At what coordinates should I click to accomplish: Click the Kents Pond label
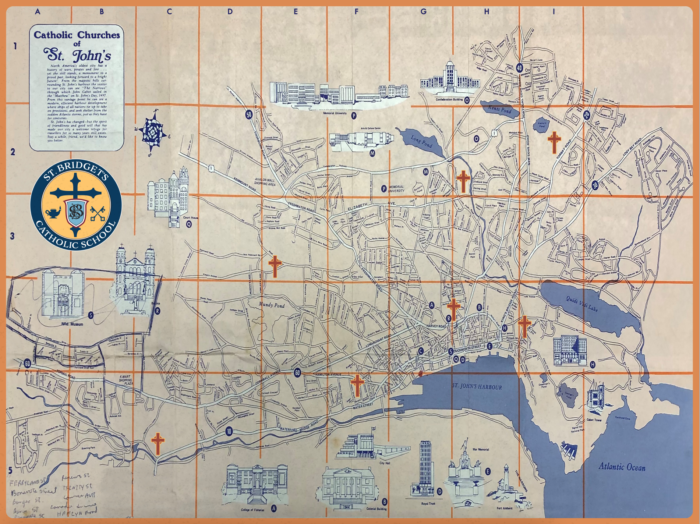[x=499, y=109]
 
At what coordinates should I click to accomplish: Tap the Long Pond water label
[x=421, y=141]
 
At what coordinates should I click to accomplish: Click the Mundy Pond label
[x=272, y=305]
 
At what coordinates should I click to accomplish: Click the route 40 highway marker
[x=519, y=68]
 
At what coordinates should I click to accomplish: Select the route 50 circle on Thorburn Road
[x=249, y=114]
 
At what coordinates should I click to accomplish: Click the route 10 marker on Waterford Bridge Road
[x=229, y=431]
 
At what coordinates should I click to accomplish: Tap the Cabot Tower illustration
[x=595, y=398]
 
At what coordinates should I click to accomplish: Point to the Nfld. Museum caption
[x=72, y=324]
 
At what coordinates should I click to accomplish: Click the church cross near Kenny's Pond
[x=554, y=142]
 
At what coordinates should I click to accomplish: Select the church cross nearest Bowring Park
[x=158, y=444]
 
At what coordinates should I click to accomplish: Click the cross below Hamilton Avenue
[x=357, y=385]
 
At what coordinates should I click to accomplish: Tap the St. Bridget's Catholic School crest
[x=76, y=204]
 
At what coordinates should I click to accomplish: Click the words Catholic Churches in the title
[x=77, y=35]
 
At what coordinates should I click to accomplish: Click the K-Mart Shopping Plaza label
[x=125, y=380]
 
